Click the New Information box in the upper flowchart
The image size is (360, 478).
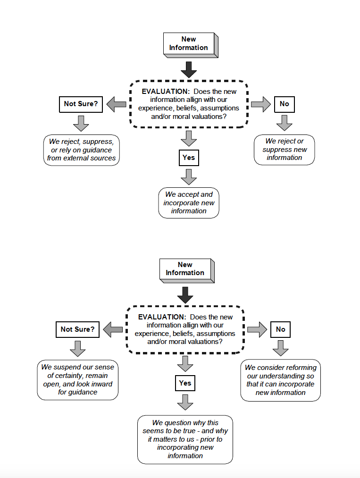191,45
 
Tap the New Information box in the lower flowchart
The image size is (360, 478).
187,270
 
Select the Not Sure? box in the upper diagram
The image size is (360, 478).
81,104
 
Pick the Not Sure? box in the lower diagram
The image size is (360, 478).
77,329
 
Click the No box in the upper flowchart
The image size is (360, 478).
284,104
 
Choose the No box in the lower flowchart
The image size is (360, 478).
280,329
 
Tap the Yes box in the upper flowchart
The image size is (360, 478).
189,158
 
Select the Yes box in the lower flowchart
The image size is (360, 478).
185,383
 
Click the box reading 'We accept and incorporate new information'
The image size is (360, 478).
189,203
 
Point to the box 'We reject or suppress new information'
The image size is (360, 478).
284,150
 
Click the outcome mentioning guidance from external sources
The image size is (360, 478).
81,150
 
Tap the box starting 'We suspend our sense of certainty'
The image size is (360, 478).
77,380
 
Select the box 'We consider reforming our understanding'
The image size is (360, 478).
280,380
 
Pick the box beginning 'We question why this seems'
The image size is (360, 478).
185,439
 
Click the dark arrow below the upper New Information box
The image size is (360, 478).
189,70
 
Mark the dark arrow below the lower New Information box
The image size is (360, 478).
185,295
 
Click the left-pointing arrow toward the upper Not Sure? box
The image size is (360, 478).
117,104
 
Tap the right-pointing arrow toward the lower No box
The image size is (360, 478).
257,329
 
